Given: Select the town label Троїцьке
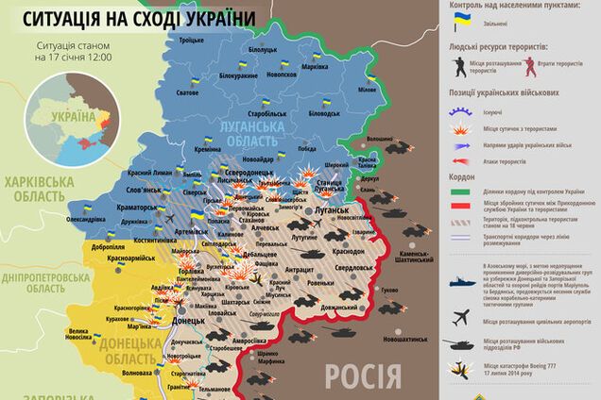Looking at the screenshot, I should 192,41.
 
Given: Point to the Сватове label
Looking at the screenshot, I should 187,93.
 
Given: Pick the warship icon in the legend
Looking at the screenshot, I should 462,286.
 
